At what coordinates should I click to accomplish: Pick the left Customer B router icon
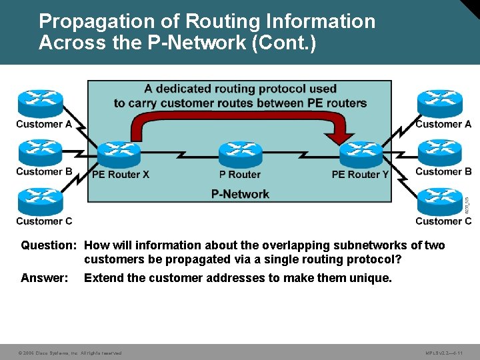[40, 151]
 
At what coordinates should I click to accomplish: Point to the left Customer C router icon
[40, 201]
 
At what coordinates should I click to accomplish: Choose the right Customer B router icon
[439, 151]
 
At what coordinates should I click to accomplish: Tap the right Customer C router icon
[439, 201]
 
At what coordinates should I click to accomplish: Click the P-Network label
[240, 194]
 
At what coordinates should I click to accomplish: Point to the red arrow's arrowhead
[344, 137]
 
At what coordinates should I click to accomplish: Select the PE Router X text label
[120, 175]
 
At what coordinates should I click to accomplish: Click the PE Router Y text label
[360, 175]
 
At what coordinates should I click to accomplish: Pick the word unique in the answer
[370, 277]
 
